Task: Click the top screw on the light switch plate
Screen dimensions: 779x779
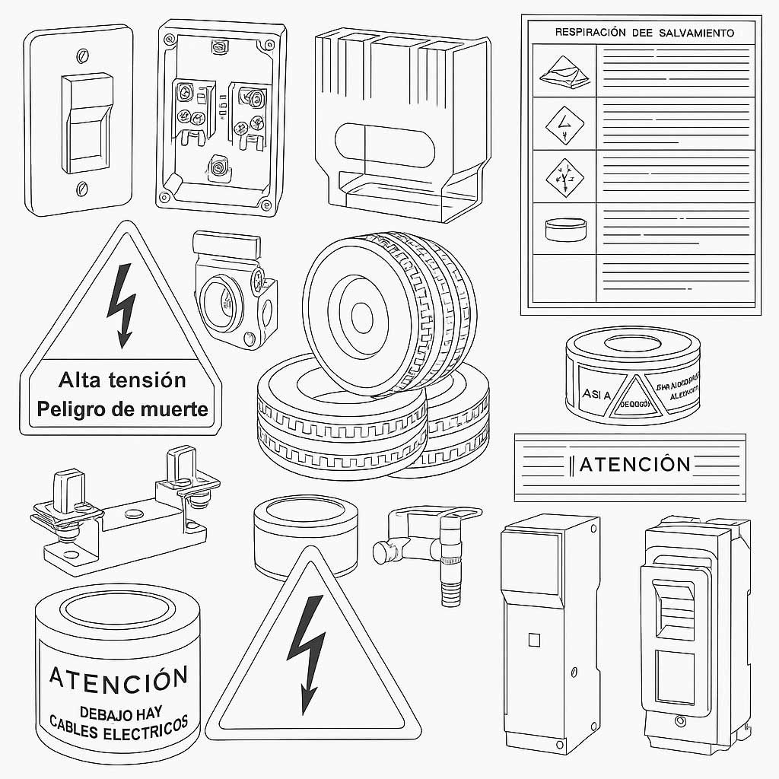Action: pyautogui.click(x=82, y=55)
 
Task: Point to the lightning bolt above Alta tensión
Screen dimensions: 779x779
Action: pyautogui.click(x=121, y=304)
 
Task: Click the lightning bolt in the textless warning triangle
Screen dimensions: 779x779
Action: pyautogui.click(x=307, y=651)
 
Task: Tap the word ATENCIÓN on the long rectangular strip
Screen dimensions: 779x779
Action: pyautogui.click(x=634, y=464)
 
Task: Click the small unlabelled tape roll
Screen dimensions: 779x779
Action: pyautogui.click(x=304, y=536)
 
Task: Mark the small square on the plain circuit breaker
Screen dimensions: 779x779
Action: pyautogui.click(x=534, y=640)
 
